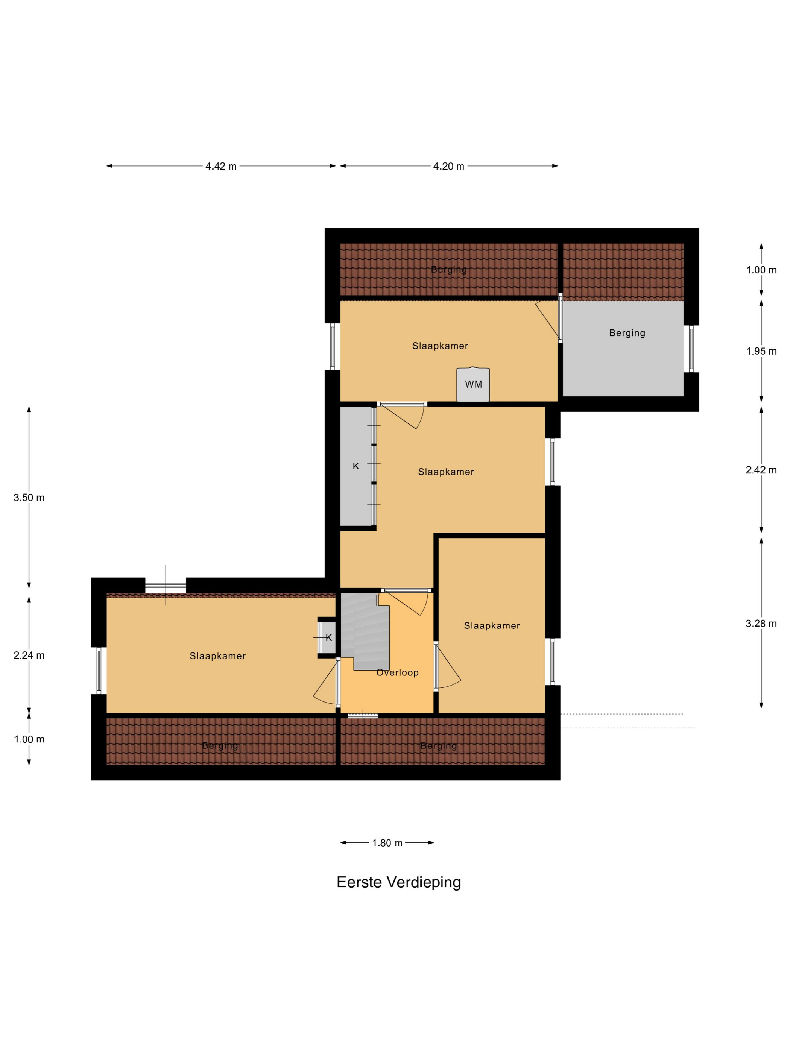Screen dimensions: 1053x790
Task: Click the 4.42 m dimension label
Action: (220, 166)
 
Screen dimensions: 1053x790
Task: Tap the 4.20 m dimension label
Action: (448, 166)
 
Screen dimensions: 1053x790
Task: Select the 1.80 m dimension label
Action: (387, 843)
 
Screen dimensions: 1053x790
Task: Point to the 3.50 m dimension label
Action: (29, 498)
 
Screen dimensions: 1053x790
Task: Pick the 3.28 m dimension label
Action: (761, 623)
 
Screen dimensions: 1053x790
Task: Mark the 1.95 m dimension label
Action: (761, 351)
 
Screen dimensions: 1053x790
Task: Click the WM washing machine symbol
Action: (473, 384)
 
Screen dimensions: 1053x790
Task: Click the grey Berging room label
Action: (627, 333)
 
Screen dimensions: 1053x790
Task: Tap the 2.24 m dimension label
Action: (29, 655)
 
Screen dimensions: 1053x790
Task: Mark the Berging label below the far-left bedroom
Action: (220, 745)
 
